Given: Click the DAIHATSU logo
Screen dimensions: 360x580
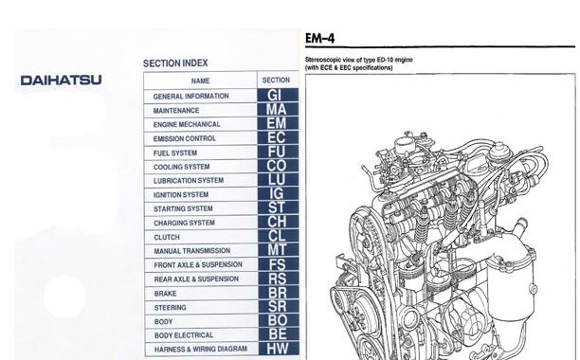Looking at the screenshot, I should (x=61, y=81).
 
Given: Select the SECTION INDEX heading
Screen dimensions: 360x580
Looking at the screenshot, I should (x=175, y=63).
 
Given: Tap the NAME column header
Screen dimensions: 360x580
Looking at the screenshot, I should (x=200, y=81).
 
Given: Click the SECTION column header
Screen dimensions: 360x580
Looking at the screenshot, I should (x=276, y=81).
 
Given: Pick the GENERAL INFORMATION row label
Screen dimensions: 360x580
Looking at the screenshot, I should (x=190, y=97).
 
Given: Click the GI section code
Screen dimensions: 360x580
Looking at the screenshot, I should (x=277, y=96).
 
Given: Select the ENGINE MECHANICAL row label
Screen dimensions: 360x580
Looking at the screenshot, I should (x=187, y=124).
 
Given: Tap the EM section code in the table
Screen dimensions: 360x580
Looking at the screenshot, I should (x=277, y=124).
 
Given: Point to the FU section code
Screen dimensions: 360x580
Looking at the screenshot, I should (x=277, y=152).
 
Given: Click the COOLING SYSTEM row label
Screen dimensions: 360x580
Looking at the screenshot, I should (x=182, y=167).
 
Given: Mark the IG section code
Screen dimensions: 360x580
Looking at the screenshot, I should (x=277, y=194).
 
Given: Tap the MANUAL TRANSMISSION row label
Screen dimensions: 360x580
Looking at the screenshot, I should (x=192, y=251).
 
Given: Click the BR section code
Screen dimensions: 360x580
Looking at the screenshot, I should (x=277, y=293).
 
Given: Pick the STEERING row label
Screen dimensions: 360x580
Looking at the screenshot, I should (x=170, y=308).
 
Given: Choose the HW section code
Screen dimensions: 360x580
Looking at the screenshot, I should (x=277, y=349).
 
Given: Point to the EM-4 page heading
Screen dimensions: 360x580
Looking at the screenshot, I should (x=318, y=39).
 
